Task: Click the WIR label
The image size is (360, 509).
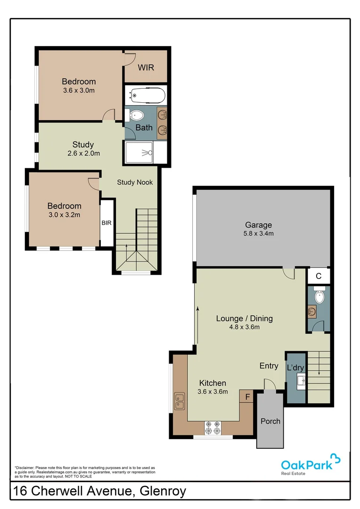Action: click(146, 67)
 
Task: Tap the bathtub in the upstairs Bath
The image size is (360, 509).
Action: click(146, 97)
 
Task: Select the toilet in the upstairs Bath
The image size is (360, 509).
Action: click(136, 115)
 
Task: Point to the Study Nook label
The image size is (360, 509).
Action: click(135, 182)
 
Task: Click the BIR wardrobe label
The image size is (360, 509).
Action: click(106, 223)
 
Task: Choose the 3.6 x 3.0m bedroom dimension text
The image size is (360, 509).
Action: click(79, 90)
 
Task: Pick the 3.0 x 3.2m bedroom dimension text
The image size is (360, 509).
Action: click(64, 215)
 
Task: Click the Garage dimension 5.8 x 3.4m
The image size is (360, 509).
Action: click(258, 233)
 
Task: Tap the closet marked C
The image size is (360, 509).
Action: click(319, 276)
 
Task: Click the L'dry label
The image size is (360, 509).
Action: click(296, 366)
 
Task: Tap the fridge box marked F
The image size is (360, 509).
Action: click(246, 397)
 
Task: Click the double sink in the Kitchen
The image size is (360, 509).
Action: click(179, 401)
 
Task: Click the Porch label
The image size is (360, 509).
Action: click(270, 421)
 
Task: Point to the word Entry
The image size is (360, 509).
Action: click(269, 366)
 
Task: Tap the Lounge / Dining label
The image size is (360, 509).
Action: click(244, 318)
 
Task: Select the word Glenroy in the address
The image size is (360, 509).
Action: click(163, 491)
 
